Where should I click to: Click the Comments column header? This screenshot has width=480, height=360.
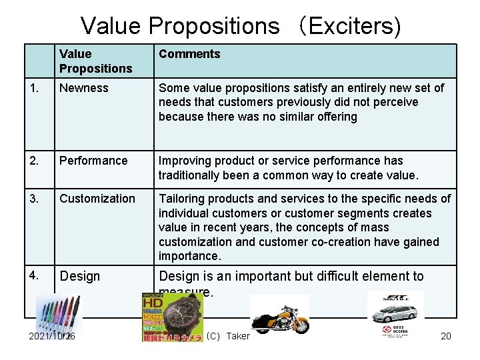click(x=189, y=54)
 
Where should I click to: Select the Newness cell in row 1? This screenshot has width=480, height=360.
click(x=83, y=88)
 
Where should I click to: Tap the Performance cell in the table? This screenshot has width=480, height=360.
click(x=93, y=161)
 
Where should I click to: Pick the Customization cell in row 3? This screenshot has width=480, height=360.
click(x=97, y=199)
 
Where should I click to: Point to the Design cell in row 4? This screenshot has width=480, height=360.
click(x=79, y=277)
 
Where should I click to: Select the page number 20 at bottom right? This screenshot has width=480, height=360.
click(x=446, y=336)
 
